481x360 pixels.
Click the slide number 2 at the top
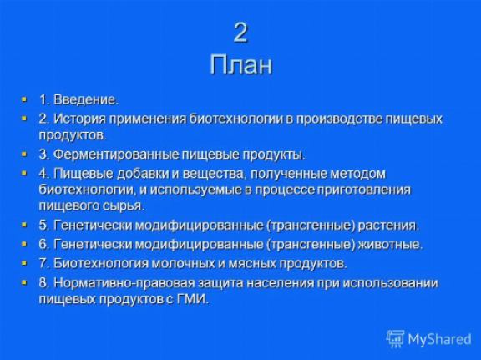point(240,33)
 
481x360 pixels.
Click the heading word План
point(241,64)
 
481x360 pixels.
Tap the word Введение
point(86,99)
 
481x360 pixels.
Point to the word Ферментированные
point(116,155)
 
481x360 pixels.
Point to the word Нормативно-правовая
point(124,283)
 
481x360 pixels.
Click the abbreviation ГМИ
point(193,299)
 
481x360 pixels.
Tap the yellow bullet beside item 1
point(24,99)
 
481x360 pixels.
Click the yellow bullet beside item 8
point(24,282)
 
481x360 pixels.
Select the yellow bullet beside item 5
point(24,225)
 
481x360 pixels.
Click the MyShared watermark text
point(439,339)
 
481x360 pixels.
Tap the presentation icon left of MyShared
point(396,339)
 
